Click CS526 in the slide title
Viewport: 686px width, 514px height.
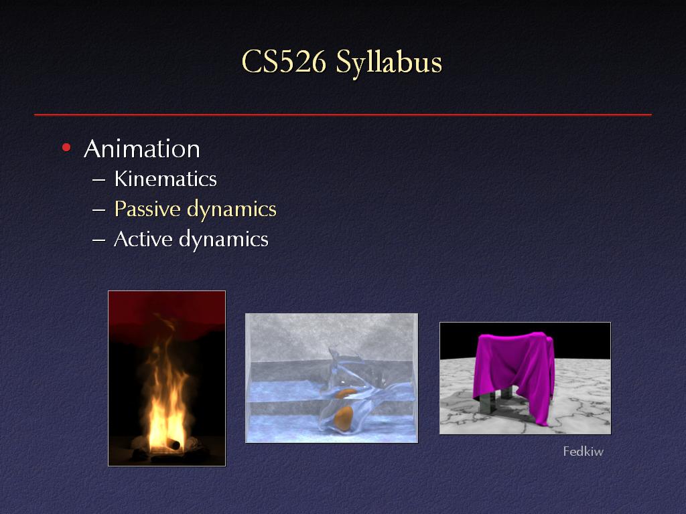tap(284, 62)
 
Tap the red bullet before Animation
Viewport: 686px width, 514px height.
tap(66, 148)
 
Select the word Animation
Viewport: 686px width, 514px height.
tap(142, 149)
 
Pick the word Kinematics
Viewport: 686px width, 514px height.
tap(165, 179)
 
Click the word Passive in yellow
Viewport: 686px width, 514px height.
tap(147, 209)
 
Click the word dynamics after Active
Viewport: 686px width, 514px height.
tap(224, 240)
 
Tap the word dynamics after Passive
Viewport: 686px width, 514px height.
tap(232, 209)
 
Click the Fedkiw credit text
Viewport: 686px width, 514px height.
tap(584, 451)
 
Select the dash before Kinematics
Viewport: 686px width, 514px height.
tap(99, 179)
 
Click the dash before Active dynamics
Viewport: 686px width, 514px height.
tap(99, 240)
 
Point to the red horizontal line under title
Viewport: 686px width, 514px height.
tap(343, 114)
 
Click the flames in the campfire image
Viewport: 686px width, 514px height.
tap(165, 394)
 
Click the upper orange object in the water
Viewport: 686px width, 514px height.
tap(346, 393)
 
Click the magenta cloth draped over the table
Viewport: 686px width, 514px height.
tap(517, 367)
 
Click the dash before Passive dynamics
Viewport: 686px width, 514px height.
tap(99, 209)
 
